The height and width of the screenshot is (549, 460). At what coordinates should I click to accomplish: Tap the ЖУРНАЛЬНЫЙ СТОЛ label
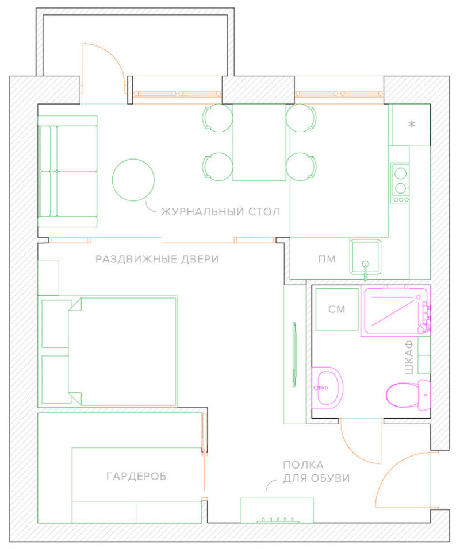pos(221,211)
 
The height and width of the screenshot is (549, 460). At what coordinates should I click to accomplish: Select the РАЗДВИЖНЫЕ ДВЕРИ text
pos(157,259)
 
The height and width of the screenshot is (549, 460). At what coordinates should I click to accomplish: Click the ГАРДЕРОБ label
pos(136,476)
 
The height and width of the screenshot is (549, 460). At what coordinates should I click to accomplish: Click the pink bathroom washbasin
pos(327,388)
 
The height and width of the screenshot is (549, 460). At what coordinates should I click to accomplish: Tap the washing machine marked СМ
pos(337,309)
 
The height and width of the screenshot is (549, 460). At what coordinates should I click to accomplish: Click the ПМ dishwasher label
pos(327,259)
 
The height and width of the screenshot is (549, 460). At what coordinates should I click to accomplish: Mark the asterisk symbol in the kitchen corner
pos(412,124)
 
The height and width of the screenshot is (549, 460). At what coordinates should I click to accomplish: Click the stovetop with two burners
pos(400,183)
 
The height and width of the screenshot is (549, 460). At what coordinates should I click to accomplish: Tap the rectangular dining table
pos(259,142)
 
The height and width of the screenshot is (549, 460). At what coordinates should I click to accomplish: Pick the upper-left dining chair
pos(217,118)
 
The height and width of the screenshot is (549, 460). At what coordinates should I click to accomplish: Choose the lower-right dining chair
pos(301,167)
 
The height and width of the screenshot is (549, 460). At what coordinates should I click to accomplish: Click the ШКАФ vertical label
pos(409,357)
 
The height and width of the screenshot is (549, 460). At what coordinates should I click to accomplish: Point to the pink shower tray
pos(396,311)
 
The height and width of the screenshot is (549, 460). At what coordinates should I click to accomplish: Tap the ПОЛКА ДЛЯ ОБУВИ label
pos(316,471)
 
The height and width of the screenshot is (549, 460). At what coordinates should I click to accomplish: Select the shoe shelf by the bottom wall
pos(277,510)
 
